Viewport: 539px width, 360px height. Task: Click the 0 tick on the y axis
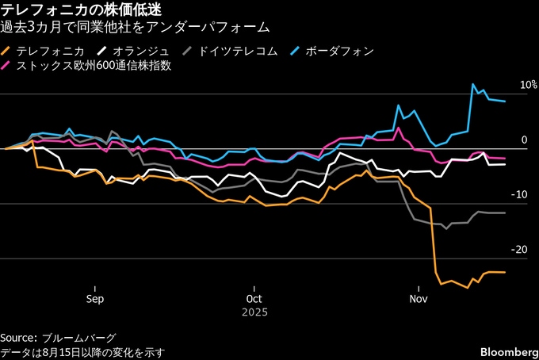[x=523, y=140]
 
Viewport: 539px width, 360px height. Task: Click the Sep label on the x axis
[x=94, y=299]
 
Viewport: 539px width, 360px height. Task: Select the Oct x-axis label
[x=254, y=299]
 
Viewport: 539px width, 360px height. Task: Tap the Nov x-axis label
[x=419, y=299]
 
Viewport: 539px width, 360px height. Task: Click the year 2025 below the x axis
[x=254, y=312]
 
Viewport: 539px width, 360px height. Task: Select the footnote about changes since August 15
[x=83, y=352]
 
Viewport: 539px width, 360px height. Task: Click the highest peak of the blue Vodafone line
[x=473, y=84]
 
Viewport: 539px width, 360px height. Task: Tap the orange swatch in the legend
[x=8, y=51]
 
